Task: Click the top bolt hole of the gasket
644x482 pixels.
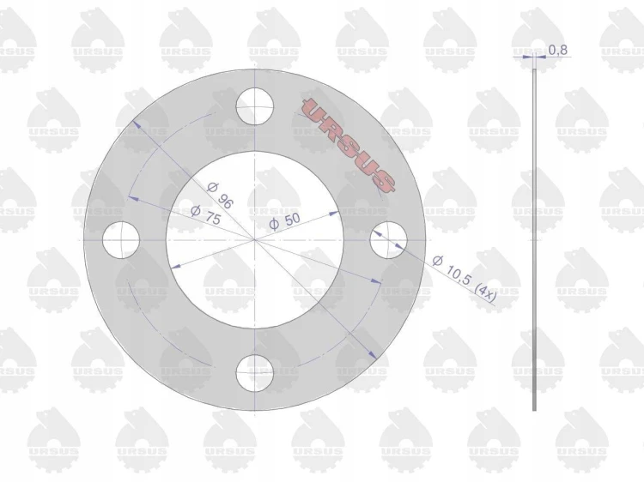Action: [255, 106]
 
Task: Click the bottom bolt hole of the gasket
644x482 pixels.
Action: [255, 373]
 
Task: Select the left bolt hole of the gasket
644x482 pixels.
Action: [121, 240]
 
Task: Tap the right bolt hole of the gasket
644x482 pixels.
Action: [388, 240]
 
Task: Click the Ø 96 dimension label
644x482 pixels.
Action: [220, 195]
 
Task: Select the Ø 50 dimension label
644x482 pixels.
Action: [285, 221]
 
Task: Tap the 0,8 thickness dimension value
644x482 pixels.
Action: [558, 50]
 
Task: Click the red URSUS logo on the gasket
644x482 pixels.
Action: [349, 145]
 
